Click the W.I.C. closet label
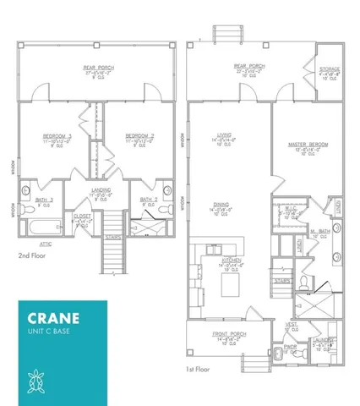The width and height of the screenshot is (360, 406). click(291, 210)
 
